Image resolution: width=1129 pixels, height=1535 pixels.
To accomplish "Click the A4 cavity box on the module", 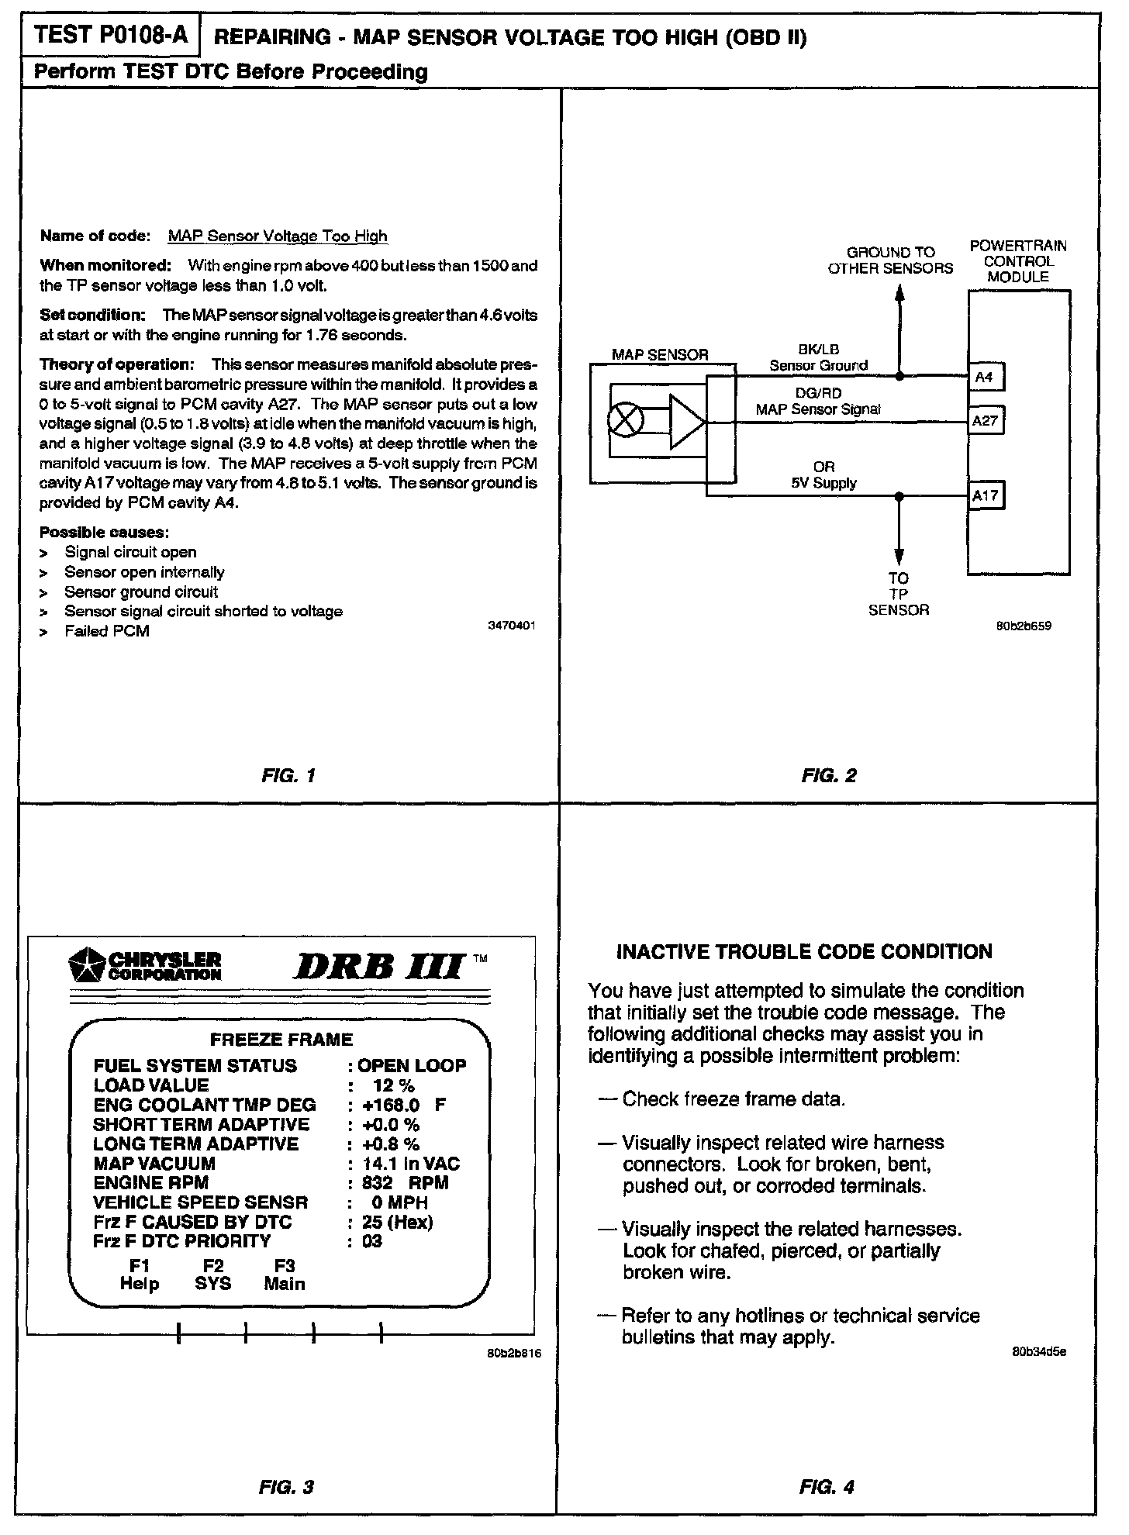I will coord(984,378).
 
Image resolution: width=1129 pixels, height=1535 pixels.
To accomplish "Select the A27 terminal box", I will coord(985,421).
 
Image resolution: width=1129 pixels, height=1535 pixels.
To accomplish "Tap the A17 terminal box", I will coord(985,495).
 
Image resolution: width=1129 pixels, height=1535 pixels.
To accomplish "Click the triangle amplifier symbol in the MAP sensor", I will coord(687,422).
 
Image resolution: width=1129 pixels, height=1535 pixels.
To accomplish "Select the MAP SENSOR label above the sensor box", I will coord(660,355).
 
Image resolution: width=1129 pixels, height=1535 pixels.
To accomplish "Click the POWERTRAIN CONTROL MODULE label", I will coord(1018,261).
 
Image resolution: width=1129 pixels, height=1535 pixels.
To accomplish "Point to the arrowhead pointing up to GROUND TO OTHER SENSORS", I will coord(899,294).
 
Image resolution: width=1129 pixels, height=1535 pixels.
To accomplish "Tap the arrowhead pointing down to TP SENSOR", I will coord(899,557).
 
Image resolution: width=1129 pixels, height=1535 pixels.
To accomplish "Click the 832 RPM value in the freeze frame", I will coord(405,1183).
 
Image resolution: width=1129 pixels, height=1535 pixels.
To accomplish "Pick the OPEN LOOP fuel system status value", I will coord(412,1065).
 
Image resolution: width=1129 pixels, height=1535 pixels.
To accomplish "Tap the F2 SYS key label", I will coord(213,1275).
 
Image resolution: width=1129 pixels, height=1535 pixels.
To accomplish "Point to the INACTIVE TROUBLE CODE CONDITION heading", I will coord(804,951).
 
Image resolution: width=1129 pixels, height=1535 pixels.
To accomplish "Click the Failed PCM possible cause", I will coord(107,631).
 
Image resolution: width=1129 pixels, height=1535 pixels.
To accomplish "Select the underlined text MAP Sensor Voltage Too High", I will coord(278,236).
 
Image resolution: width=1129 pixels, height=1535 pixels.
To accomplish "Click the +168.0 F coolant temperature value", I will coord(404,1105).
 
